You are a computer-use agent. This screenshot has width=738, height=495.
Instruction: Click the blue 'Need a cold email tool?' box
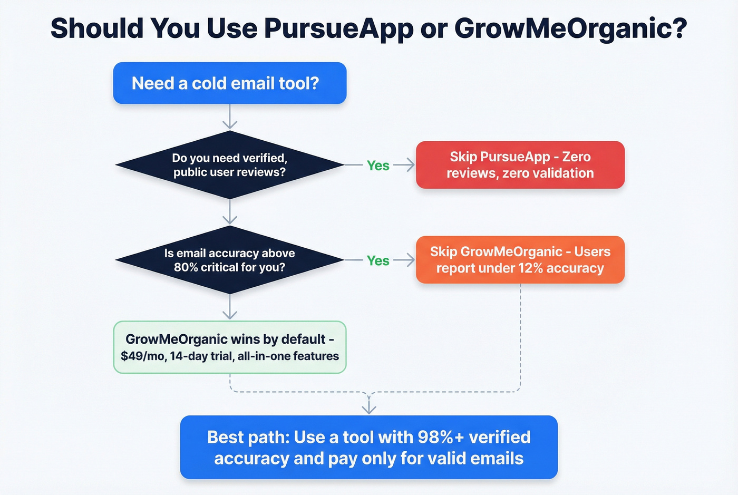click(230, 83)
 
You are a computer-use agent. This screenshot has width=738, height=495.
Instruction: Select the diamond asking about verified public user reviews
click(230, 165)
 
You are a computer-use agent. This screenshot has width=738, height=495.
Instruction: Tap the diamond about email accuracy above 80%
click(230, 260)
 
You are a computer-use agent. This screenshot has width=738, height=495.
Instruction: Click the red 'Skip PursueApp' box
click(520, 165)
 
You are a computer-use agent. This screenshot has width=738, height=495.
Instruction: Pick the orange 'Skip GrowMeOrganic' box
click(520, 260)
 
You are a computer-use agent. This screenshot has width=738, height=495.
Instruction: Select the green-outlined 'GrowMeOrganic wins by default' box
click(230, 347)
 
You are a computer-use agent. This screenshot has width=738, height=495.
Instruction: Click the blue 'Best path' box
click(368, 448)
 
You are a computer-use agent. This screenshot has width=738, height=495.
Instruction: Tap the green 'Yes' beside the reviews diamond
click(378, 166)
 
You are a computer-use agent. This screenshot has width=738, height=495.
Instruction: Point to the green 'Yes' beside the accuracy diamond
click(378, 260)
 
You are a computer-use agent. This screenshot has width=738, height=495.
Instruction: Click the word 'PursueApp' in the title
click(338, 28)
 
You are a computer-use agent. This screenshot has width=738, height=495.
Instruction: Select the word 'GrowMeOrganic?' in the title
click(571, 28)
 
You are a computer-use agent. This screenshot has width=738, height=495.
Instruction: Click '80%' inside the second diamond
click(186, 267)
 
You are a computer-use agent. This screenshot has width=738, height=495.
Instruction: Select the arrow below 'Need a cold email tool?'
click(230, 117)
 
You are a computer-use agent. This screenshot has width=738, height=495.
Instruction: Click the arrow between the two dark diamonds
click(230, 212)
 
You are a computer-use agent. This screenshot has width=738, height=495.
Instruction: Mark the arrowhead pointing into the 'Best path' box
click(369, 408)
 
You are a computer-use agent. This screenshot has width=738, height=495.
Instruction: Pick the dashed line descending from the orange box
click(520, 337)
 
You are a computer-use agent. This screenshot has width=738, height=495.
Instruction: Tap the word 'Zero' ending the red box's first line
click(576, 157)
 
